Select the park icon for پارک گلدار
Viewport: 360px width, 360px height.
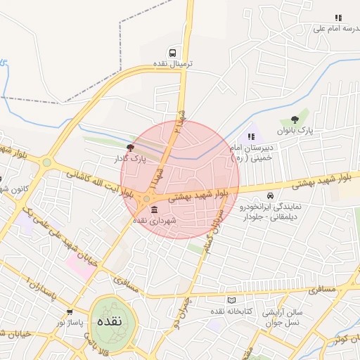click(x=129, y=148)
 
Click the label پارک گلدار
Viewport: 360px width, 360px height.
click(x=129, y=159)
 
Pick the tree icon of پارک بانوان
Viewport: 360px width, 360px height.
click(x=295, y=119)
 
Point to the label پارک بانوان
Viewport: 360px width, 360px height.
click(x=294, y=130)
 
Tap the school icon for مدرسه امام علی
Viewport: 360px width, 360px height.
click(x=338, y=18)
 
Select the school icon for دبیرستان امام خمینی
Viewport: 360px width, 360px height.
click(x=252, y=136)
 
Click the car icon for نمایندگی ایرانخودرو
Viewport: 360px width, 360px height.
click(x=270, y=195)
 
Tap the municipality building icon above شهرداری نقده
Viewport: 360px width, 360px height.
click(x=154, y=210)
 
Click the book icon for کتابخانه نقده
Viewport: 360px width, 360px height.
click(x=232, y=300)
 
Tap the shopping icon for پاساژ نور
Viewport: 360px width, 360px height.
click(x=69, y=311)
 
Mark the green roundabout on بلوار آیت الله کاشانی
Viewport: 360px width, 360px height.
click(x=46, y=163)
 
